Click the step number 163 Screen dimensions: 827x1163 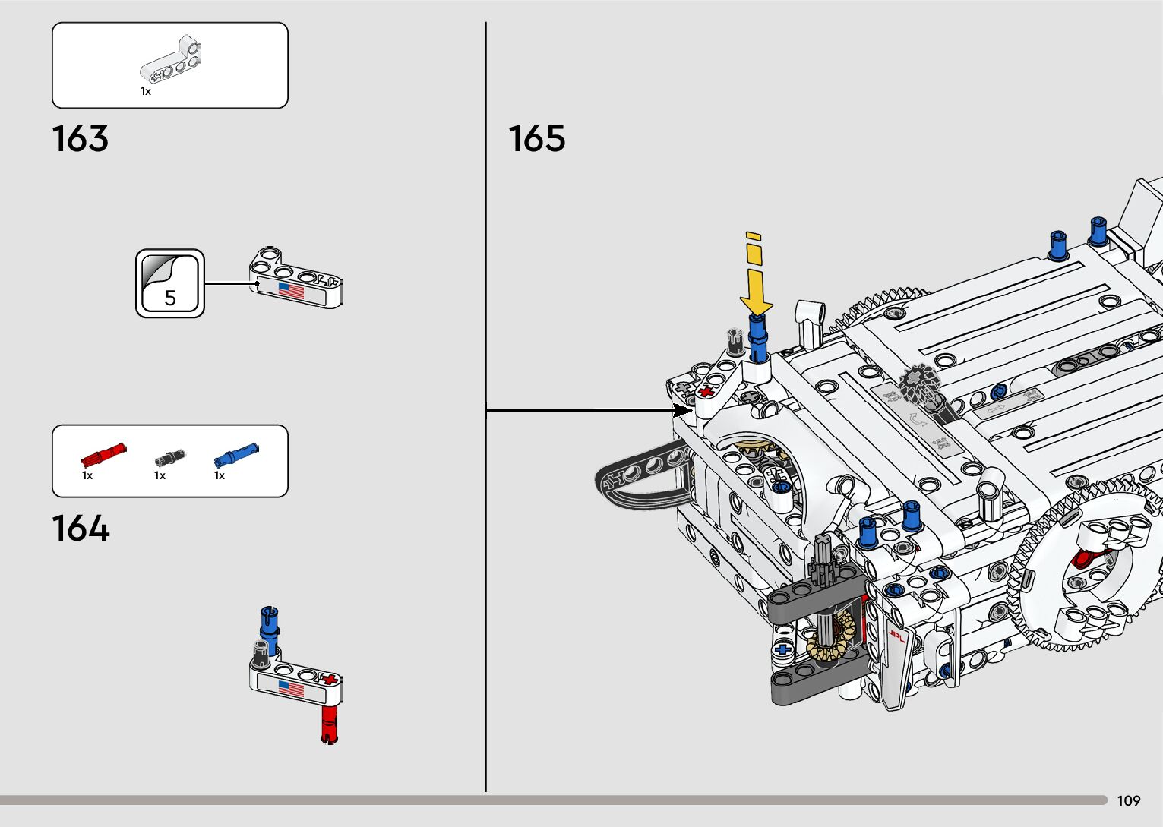tap(81, 139)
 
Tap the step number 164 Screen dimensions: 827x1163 tap(81, 529)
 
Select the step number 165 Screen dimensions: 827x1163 tap(537, 139)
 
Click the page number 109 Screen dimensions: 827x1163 tap(1129, 800)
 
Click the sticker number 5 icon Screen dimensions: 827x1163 tap(170, 283)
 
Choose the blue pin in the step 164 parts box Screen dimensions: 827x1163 tap(236, 455)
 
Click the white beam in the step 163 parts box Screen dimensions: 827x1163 tap(172, 61)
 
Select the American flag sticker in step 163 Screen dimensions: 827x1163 tap(291, 290)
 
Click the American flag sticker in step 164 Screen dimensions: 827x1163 tap(291, 689)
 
